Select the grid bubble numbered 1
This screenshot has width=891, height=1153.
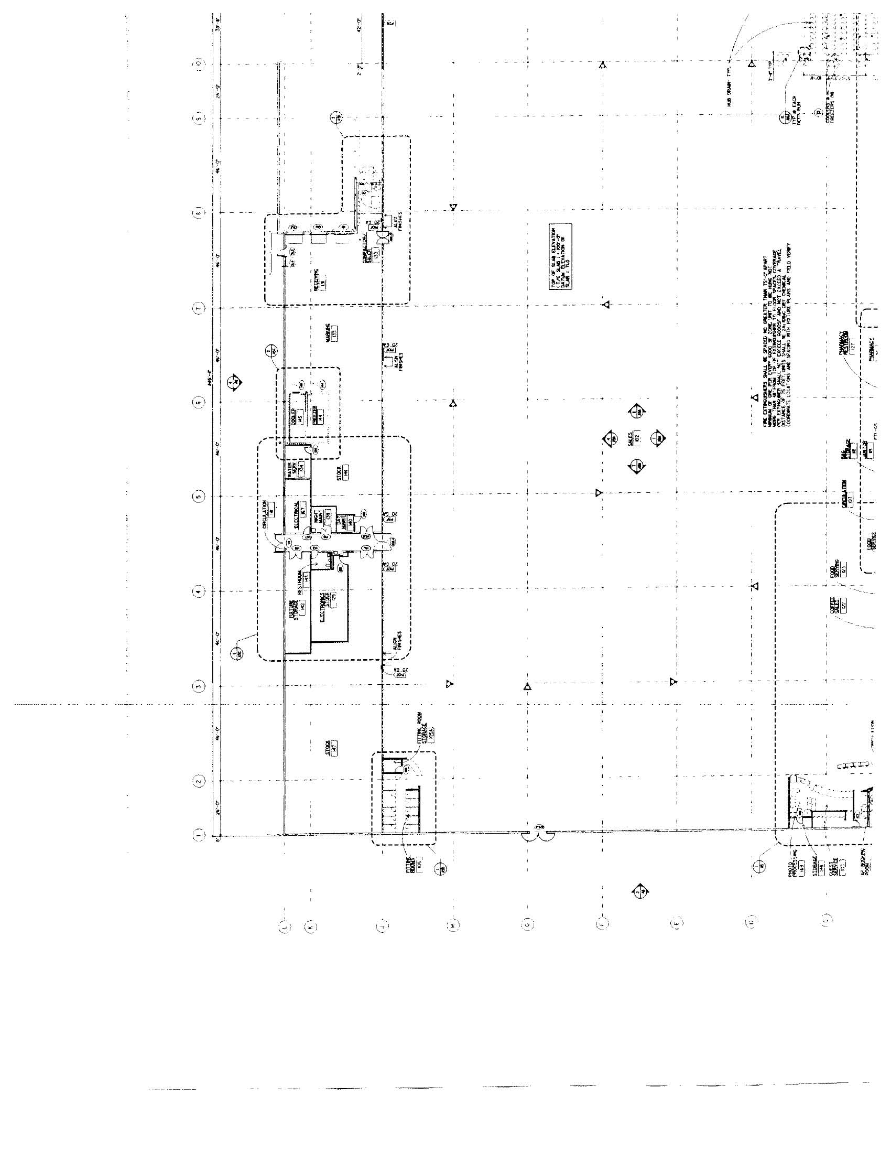point(199,835)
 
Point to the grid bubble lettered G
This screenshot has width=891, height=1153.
point(527,923)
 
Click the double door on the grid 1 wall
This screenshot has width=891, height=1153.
point(537,835)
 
